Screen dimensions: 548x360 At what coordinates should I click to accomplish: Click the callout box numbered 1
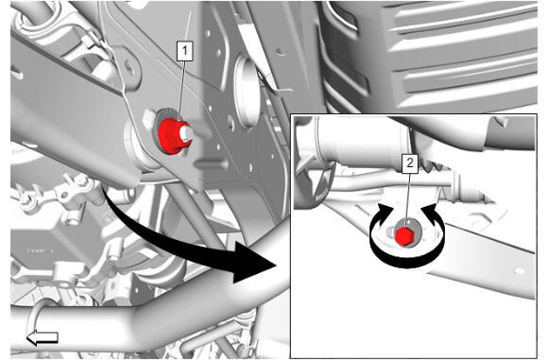click(x=184, y=51)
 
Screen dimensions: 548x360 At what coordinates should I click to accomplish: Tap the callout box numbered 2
click(x=410, y=163)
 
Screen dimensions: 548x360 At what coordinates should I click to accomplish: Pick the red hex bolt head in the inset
click(x=404, y=236)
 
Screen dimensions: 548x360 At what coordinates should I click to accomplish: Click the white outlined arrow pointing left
click(x=43, y=337)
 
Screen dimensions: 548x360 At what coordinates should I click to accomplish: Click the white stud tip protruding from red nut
click(x=185, y=132)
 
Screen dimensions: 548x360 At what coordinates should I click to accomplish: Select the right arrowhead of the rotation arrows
click(x=430, y=213)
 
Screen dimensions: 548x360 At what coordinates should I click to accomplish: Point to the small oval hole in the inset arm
click(x=520, y=271)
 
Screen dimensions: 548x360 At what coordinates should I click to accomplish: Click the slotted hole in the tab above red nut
click(x=128, y=65)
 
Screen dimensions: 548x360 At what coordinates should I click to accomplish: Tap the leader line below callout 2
click(x=408, y=197)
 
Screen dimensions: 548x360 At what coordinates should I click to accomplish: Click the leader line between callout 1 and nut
click(x=182, y=91)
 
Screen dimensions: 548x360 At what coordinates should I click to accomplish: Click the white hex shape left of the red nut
click(x=148, y=118)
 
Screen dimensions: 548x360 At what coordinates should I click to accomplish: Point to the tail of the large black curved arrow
click(x=105, y=191)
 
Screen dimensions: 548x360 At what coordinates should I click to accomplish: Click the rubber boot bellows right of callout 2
click(x=437, y=165)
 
